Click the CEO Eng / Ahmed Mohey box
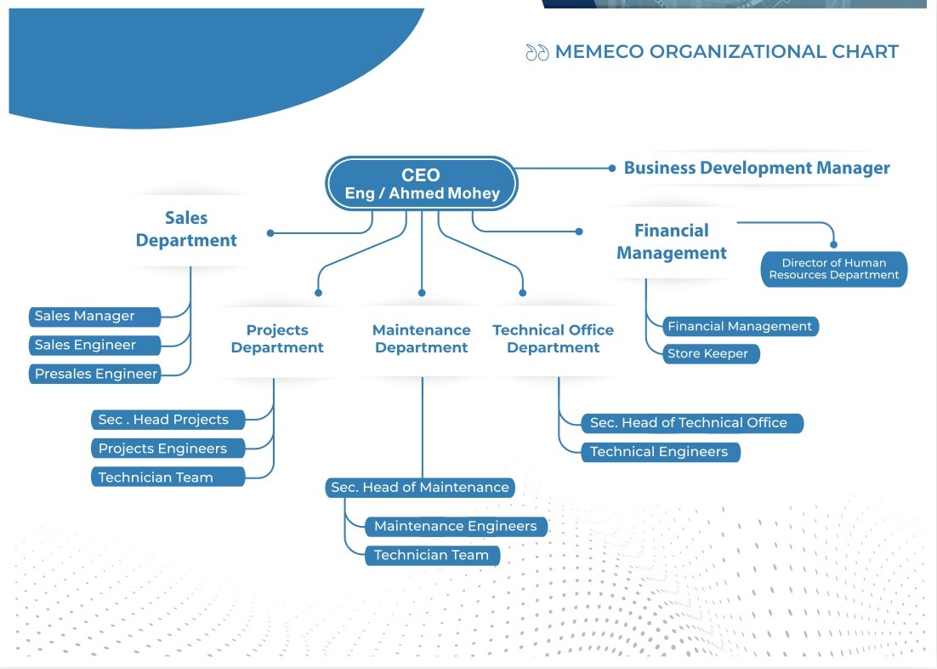pyautogui.click(x=422, y=184)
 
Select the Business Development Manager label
pyautogui.click(x=757, y=168)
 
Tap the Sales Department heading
pyautogui.click(x=186, y=230)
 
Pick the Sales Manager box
pyautogui.click(x=94, y=316)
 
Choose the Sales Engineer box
pyautogui.click(x=94, y=345)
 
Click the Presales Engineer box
pyautogui.click(x=94, y=374)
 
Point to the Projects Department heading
pyautogui.click(x=277, y=339)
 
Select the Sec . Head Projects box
pyautogui.click(x=168, y=420)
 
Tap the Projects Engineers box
pyautogui.click(x=168, y=449)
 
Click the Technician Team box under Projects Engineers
pyautogui.click(x=168, y=477)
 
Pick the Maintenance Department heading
pyautogui.click(x=422, y=339)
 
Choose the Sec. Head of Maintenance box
pyautogui.click(x=420, y=488)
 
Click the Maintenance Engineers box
pyautogui.click(x=456, y=526)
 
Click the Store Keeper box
pyautogui.click(x=710, y=354)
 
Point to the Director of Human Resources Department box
pyautogui.click(x=834, y=269)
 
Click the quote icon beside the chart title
pyautogui.click(x=537, y=53)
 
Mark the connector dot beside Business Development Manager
pyautogui.click(x=612, y=169)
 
